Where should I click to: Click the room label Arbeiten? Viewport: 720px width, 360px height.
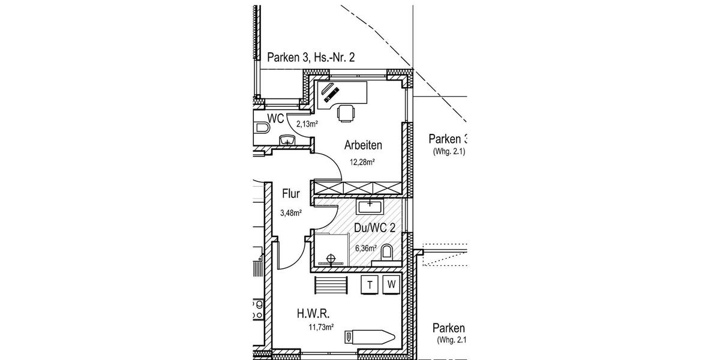363,145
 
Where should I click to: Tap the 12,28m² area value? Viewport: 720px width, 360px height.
362,161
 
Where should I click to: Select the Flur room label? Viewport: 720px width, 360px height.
290,194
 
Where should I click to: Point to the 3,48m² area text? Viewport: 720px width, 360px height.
290,212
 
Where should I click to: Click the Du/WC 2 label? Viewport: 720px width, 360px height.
375,229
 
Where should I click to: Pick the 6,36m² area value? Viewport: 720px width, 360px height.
365,248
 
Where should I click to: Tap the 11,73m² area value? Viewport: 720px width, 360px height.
321,327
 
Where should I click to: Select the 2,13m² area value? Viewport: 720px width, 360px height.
307,124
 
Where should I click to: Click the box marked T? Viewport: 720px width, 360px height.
370,286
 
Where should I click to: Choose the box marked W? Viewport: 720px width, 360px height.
392,286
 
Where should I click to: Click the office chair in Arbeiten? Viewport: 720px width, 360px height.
346,113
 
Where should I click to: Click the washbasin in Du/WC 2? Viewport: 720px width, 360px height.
370,207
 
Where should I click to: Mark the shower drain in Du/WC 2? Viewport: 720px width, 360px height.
328,260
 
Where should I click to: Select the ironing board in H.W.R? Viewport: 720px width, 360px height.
369,337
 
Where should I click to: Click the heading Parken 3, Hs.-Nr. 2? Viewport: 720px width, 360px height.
311,58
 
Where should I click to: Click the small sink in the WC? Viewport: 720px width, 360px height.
288,140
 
